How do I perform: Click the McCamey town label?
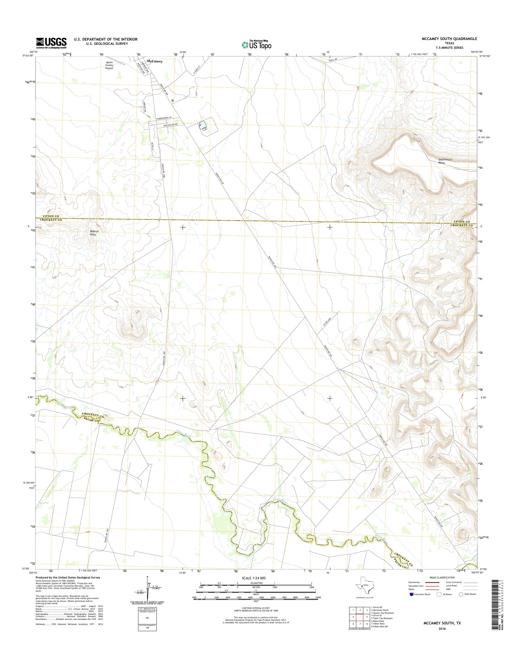pyautogui.click(x=155, y=61)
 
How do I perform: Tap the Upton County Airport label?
pyautogui.click(x=109, y=65)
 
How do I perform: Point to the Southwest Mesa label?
pyautogui.click(x=445, y=161)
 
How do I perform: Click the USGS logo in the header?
pyautogui.click(x=51, y=43)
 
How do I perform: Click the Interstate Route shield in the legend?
pyautogui.click(x=411, y=594)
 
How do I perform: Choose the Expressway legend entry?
pyautogui.click(x=414, y=582)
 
